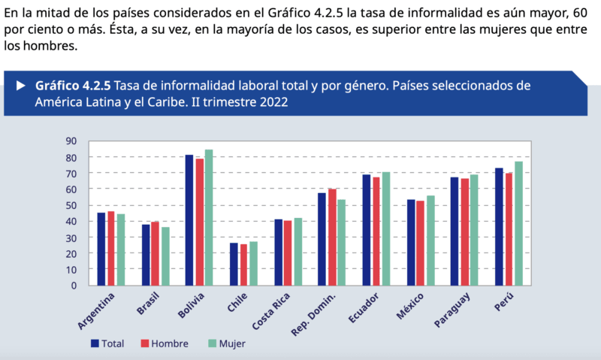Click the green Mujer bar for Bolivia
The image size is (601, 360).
[209, 218]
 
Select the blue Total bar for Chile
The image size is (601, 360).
[234, 264]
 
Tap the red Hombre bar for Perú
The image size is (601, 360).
[509, 229]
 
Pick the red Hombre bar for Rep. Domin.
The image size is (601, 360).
[332, 237]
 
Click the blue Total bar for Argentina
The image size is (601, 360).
[101, 249]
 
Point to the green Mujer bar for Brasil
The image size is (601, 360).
[165, 256]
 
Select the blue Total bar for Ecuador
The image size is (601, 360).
[367, 230]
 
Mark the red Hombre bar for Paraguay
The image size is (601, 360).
[465, 231]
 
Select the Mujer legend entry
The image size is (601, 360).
[226, 343]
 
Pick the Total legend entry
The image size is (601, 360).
[107, 343]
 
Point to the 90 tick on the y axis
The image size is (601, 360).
[71, 141]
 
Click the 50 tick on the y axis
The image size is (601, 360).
[71, 205]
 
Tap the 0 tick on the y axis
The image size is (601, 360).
[74, 285]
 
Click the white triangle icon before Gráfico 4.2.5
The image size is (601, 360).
[21, 85]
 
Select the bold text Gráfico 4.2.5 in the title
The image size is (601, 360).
[73, 85]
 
